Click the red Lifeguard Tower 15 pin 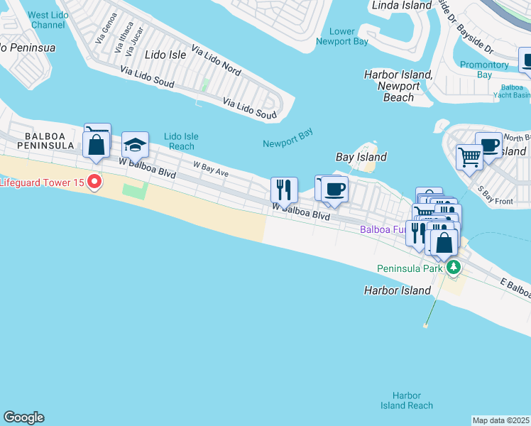tap(94, 182)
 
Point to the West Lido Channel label tap(48, 19)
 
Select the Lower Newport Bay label tap(342, 37)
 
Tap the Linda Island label tap(402, 6)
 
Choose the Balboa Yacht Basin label tap(512, 90)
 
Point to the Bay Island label tap(361, 157)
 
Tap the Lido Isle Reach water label tap(180, 141)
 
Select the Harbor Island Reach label tap(407, 400)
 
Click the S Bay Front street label tap(495, 195)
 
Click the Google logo tap(23, 417)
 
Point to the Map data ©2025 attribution tap(501, 420)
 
